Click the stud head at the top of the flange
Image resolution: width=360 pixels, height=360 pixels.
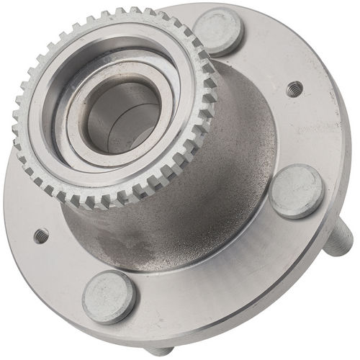[217, 30]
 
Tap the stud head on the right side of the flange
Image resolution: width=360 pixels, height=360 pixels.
[297, 191]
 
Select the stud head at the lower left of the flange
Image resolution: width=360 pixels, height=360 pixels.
[109, 297]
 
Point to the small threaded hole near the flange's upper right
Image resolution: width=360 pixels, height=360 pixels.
[292, 89]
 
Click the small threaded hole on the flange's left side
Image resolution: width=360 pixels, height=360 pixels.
[41, 235]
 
